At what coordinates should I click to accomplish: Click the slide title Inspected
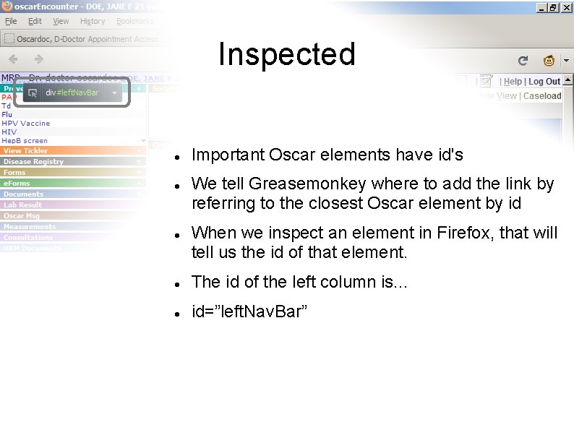tap(287, 54)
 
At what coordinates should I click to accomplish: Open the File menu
tap(11, 22)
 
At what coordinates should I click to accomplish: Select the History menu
tap(93, 22)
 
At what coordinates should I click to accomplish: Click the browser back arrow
tap(13, 59)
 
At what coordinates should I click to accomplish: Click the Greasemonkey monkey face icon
tap(549, 61)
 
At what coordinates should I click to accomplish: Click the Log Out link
tap(544, 82)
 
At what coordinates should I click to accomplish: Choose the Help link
tap(513, 82)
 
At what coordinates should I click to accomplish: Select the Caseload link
tap(542, 96)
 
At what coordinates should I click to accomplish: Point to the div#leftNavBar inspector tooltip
tap(72, 93)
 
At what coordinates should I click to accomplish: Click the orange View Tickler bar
tap(72, 151)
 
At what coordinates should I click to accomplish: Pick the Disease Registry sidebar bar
tap(72, 162)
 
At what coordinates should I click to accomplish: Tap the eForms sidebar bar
tap(72, 184)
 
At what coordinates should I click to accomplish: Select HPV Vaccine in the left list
tap(26, 124)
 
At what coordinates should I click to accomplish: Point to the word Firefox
tap(459, 233)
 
